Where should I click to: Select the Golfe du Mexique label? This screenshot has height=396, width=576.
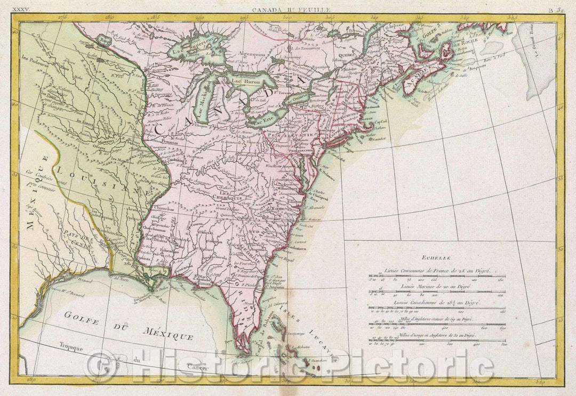(128, 325)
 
